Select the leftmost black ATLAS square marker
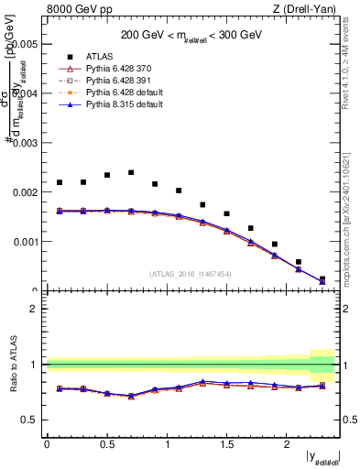point(60,182)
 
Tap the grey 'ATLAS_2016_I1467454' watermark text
point(191,273)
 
